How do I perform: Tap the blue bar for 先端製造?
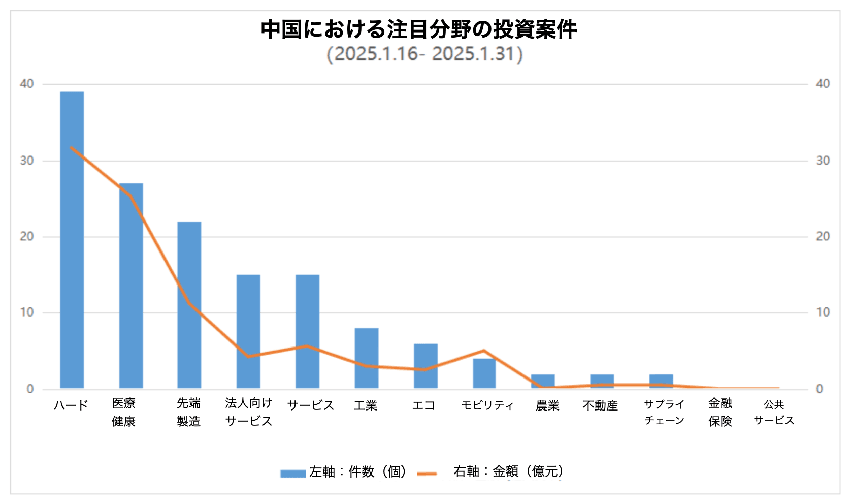tap(189, 305)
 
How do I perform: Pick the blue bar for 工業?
tap(366, 358)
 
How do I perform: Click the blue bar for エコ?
tap(425, 366)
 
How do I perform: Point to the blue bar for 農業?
tap(542, 381)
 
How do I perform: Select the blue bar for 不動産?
tap(602, 381)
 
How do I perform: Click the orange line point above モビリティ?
tap(484, 351)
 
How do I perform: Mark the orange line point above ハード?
tap(72, 148)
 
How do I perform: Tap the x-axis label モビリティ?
tap(487, 405)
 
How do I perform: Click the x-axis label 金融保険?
tap(720, 412)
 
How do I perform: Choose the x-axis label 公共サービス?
tap(774, 412)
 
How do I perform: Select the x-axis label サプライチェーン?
tap(664, 412)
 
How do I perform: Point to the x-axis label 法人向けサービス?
tap(248, 412)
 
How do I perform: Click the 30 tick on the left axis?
tap(27, 161)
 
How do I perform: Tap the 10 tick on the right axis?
tap(823, 312)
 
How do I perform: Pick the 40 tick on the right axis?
tap(823, 84)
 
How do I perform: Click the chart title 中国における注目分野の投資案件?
tap(419, 29)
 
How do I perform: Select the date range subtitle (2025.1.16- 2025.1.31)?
tap(424, 54)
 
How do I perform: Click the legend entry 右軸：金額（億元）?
tap(508, 472)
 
